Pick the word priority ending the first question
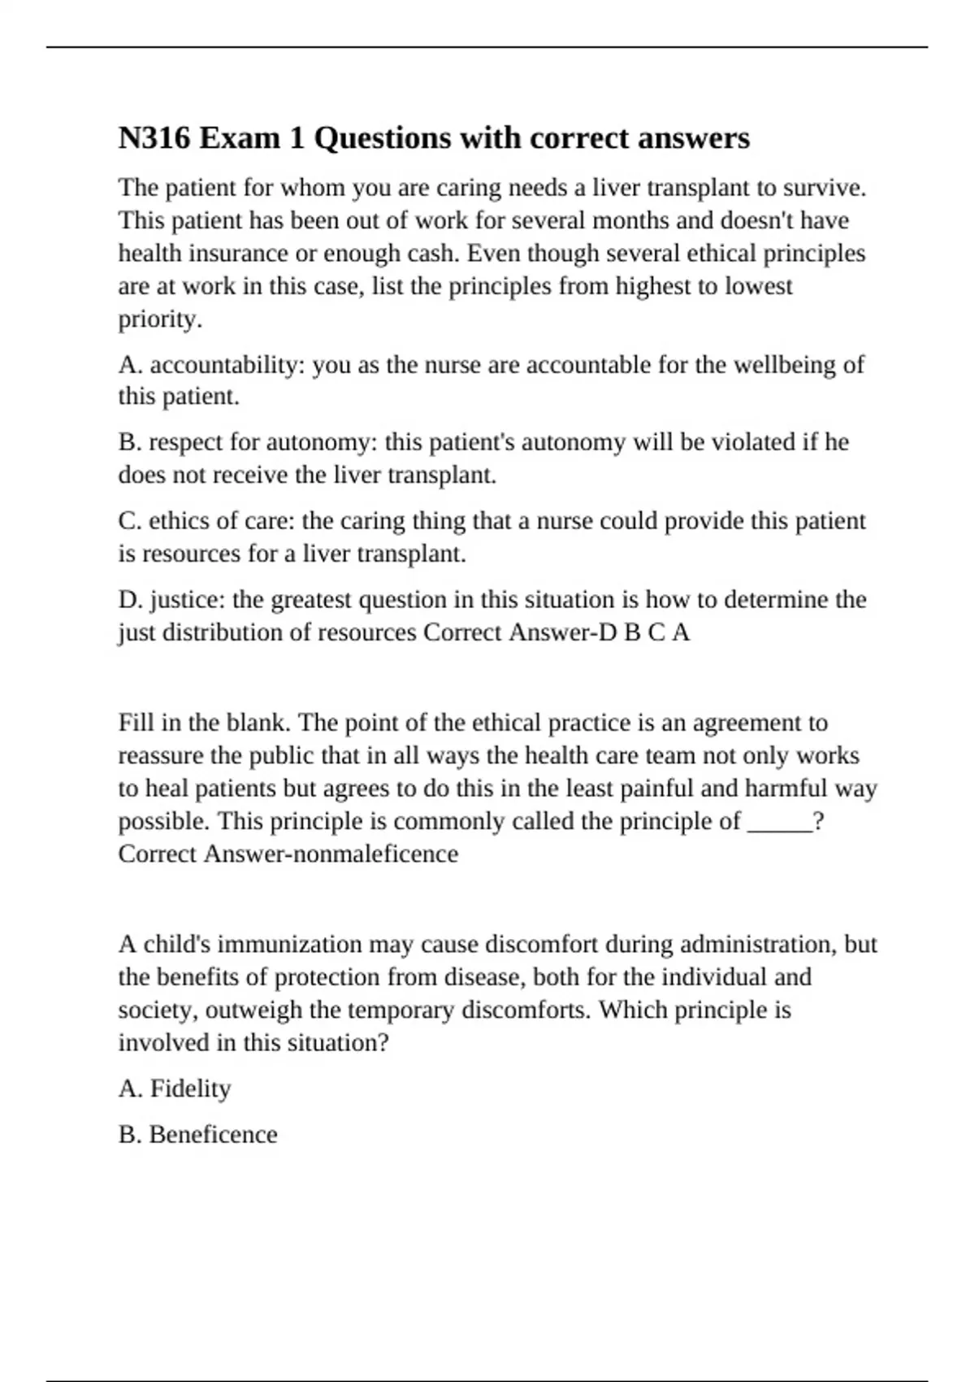(159, 319)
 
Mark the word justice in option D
(188, 600)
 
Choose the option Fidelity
(190, 1089)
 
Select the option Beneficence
(213, 1135)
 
